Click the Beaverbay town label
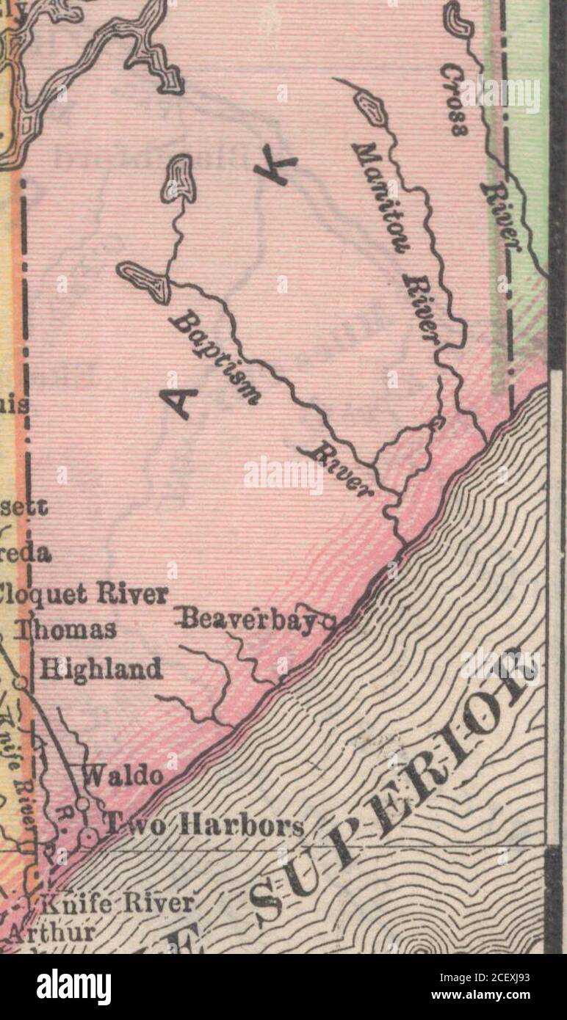248,620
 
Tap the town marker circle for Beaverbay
328,624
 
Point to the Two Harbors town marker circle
89,836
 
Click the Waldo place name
123,776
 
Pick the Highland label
101,669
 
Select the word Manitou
380,197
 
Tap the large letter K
275,170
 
